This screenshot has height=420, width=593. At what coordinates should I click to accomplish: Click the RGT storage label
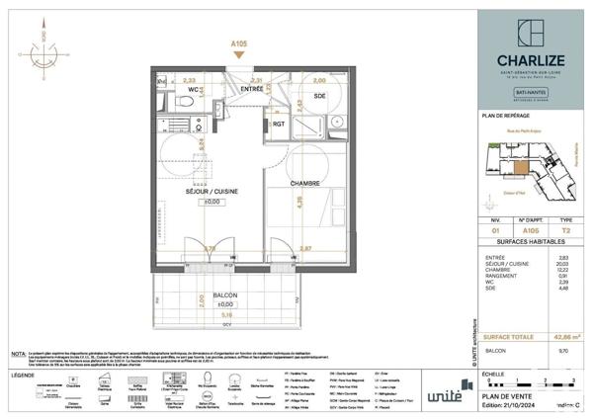(x=280, y=125)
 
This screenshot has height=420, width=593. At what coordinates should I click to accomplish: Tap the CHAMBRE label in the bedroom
(x=305, y=183)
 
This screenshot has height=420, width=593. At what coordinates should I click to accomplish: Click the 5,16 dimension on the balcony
(x=225, y=314)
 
